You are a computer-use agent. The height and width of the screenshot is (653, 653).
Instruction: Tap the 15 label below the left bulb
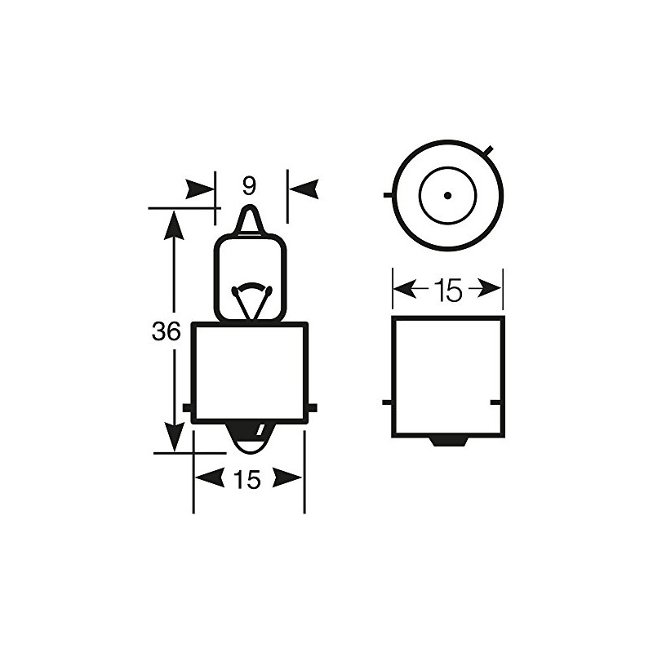(247, 480)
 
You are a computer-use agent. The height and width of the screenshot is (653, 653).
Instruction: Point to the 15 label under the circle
(447, 289)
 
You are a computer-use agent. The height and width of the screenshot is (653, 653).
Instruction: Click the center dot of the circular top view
(447, 195)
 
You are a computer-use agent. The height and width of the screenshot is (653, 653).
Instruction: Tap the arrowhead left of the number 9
(199, 189)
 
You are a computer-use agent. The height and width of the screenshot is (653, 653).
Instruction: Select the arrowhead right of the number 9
(303, 189)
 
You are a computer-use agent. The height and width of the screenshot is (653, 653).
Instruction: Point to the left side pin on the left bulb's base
(188, 406)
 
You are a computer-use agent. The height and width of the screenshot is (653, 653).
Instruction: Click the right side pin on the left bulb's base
(312, 406)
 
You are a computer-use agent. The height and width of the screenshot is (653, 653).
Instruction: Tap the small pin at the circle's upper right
(487, 150)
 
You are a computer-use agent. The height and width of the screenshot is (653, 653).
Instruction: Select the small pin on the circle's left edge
(386, 195)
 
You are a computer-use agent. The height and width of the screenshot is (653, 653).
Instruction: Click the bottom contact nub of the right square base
(447, 441)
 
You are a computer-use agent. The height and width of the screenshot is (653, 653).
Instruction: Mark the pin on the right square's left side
(387, 402)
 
